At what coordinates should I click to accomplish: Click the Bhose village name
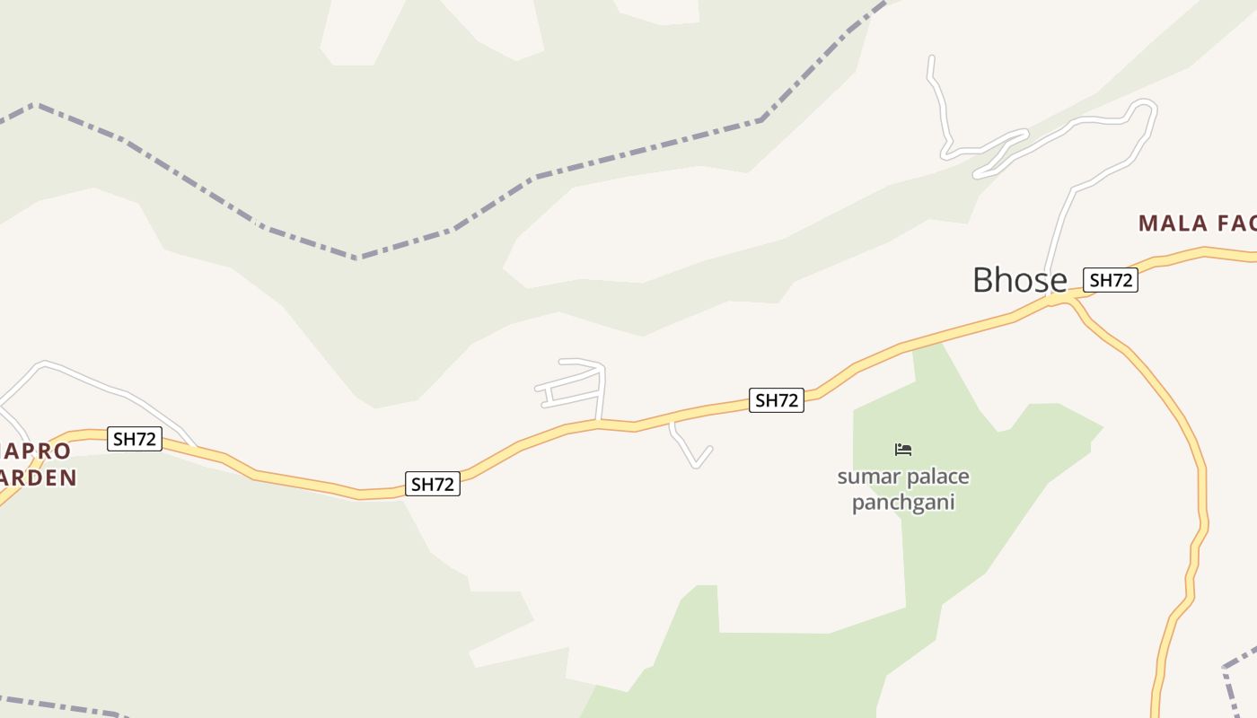(x=1019, y=280)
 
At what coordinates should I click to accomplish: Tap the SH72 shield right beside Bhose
(x=1111, y=280)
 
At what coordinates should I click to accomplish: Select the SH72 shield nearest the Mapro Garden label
(x=135, y=439)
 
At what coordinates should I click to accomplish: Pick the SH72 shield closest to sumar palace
(x=777, y=400)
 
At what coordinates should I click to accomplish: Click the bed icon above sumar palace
(x=903, y=449)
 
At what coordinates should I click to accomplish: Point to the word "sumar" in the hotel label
(x=867, y=477)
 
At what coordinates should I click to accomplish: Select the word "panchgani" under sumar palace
(x=902, y=502)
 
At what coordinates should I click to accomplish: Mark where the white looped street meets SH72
(x=599, y=420)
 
